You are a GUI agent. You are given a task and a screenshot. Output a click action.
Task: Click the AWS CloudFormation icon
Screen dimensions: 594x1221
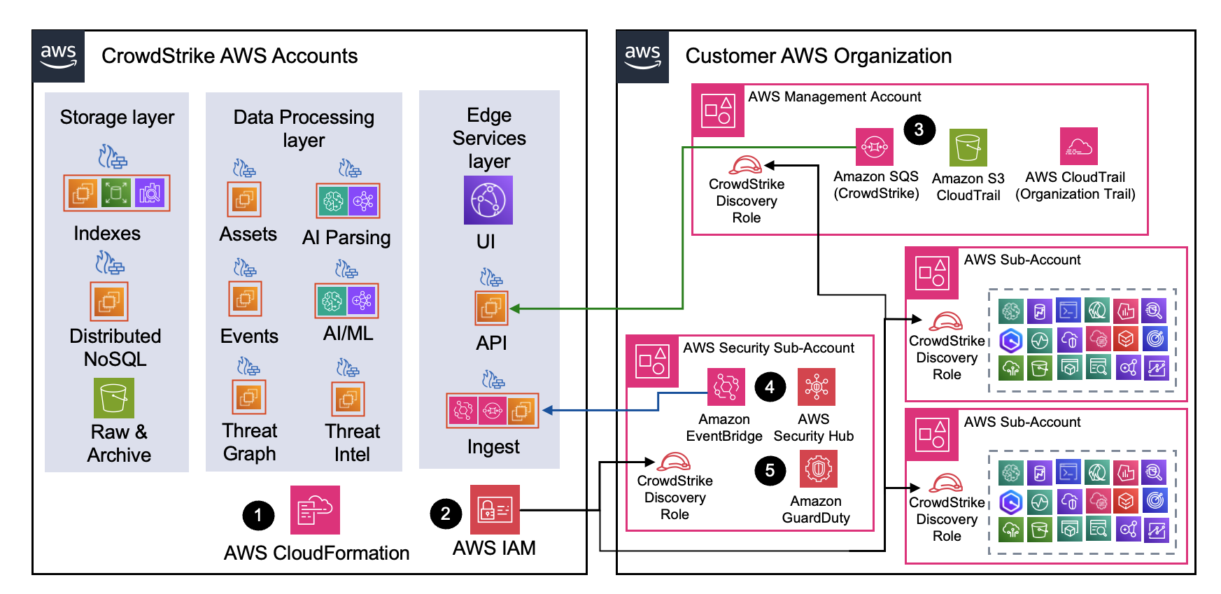pyautogui.click(x=315, y=510)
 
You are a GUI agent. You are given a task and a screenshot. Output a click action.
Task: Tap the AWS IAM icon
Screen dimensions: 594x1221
pyautogui.click(x=495, y=509)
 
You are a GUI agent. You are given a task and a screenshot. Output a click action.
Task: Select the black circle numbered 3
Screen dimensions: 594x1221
pyautogui.click(x=919, y=129)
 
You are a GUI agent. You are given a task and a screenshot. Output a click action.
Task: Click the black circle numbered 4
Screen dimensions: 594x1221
pyautogui.click(x=770, y=387)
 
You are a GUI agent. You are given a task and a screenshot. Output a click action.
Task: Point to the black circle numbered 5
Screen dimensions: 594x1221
pyautogui.click(x=770, y=470)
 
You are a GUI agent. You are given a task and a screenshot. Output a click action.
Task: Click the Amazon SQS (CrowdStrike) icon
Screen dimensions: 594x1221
pyautogui.click(x=875, y=147)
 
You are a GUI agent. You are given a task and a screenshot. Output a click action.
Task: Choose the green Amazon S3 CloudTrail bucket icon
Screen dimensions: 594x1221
pyautogui.click(x=968, y=148)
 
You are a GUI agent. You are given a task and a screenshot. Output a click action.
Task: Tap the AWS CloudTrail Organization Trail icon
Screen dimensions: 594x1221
pyautogui.click(x=1078, y=146)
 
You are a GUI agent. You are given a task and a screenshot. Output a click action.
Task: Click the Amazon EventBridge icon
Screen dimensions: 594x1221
pyautogui.click(x=726, y=387)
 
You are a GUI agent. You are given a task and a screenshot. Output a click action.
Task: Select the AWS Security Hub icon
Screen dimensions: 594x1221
pyautogui.click(x=816, y=387)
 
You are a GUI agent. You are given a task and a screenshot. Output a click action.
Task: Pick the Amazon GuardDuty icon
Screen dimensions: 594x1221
pyautogui.click(x=818, y=469)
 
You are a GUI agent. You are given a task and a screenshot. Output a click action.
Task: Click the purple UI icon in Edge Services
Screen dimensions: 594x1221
pyautogui.click(x=488, y=200)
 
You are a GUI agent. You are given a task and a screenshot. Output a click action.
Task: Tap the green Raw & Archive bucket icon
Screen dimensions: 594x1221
pyautogui.click(x=113, y=398)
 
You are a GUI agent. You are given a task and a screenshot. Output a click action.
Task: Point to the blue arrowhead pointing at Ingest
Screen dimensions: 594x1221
pyautogui.click(x=548, y=411)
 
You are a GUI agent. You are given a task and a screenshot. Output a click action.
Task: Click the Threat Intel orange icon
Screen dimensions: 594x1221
pyautogui.click(x=348, y=399)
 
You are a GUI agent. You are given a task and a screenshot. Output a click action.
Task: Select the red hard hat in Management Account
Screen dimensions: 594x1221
pyautogui.click(x=745, y=166)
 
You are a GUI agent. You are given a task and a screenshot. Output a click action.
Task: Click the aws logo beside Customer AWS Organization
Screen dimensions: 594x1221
pyautogui.click(x=642, y=57)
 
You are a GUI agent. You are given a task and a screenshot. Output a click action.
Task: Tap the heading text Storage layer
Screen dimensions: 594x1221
pyautogui.click(x=117, y=118)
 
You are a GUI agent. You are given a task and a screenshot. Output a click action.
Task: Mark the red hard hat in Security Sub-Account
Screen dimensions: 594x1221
pyautogui.click(x=674, y=462)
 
